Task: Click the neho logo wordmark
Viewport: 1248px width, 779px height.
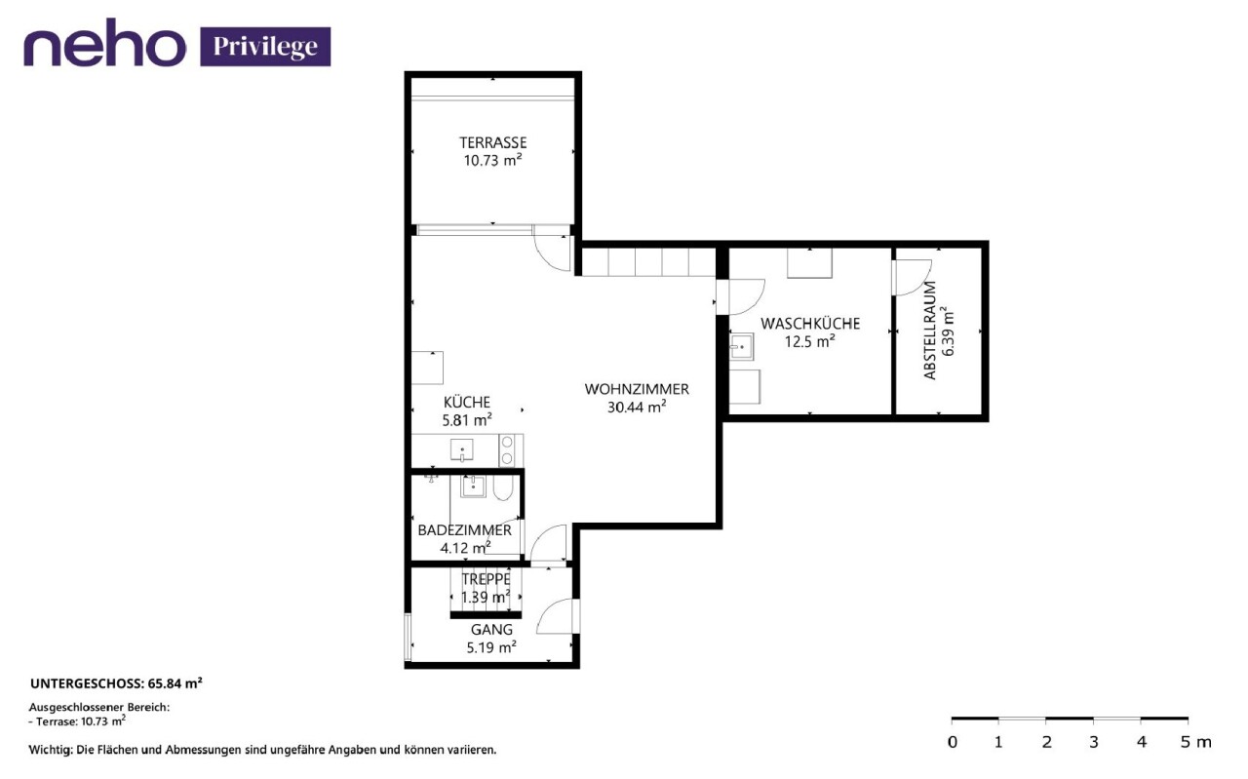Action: click(104, 43)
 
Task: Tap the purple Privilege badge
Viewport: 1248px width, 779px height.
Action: click(265, 47)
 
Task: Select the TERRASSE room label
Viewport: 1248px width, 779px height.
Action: click(493, 142)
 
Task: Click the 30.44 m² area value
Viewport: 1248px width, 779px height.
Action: click(637, 407)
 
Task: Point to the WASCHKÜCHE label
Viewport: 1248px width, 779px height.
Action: click(810, 323)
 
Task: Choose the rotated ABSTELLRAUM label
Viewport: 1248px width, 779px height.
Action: click(930, 331)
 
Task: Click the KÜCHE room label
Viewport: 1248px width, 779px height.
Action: click(467, 402)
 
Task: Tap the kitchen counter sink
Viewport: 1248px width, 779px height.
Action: click(462, 450)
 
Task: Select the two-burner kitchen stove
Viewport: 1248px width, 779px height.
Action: click(506, 450)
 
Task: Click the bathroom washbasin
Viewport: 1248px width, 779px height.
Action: click(473, 486)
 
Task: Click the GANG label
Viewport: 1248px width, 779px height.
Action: click(491, 630)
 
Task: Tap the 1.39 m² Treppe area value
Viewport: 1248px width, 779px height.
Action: click(486, 598)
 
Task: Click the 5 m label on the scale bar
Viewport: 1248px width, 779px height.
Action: click(1195, 742)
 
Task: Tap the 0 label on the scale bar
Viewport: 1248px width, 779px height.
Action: click(953, 742)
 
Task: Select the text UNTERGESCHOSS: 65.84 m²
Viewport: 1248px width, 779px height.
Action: click(116, 683)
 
